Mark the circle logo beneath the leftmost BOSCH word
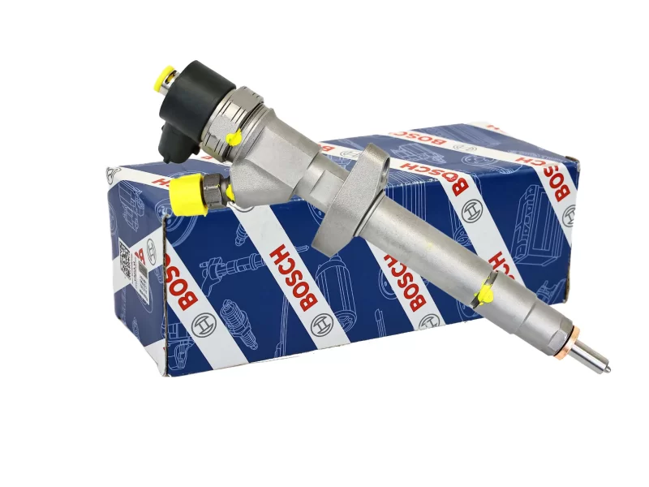click(x=190, y=334)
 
